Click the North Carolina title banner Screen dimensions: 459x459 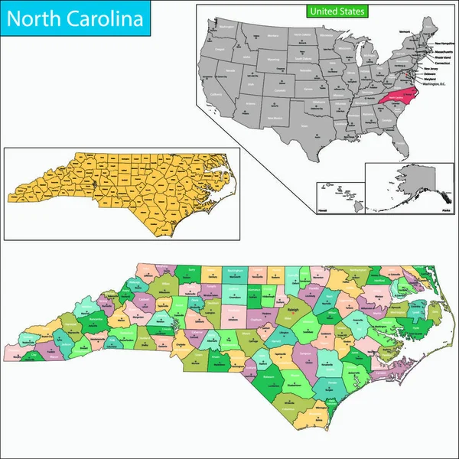(x=75, y=18)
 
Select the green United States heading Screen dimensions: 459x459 (x=336, y=11)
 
